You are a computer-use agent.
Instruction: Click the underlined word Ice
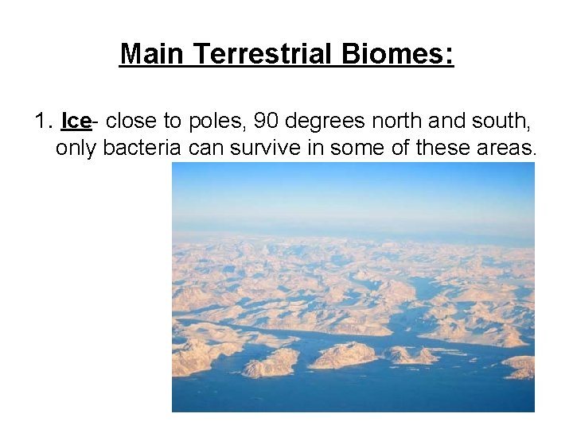76,122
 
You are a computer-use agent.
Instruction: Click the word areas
509,148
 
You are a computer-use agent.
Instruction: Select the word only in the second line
72,148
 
